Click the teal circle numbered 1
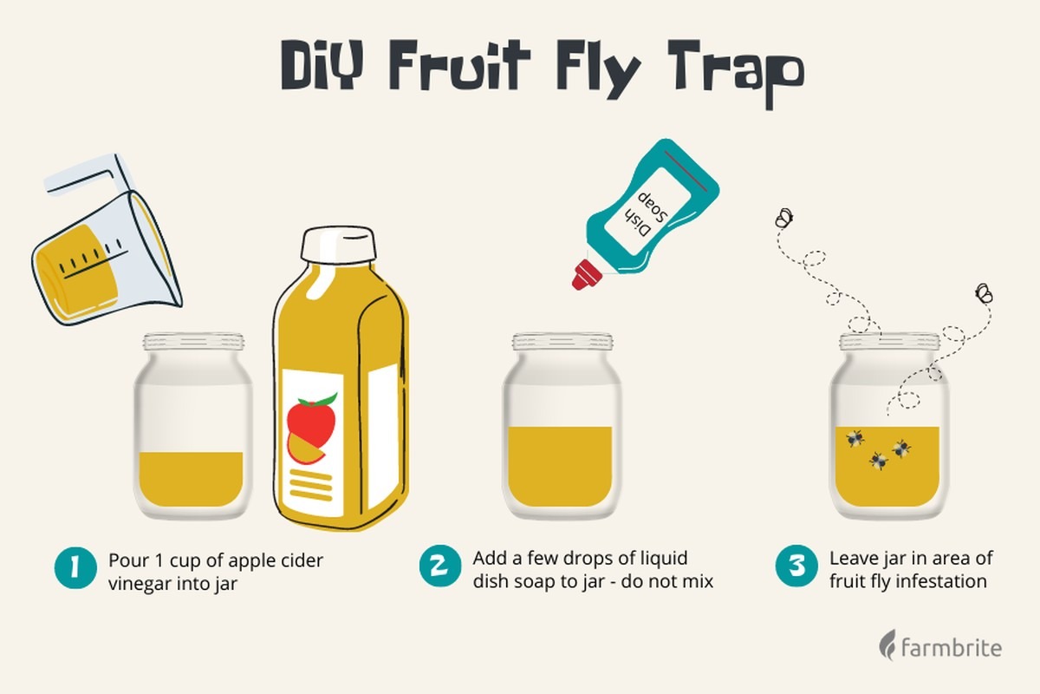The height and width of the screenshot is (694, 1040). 75,567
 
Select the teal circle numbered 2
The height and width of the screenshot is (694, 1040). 440,566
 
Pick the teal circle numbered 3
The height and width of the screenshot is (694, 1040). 796,566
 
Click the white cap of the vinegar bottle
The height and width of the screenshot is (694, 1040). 338,245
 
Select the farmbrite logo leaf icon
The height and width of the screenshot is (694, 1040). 887,645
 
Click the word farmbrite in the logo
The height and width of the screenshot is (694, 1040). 952,647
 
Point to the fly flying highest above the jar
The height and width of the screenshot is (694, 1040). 784,218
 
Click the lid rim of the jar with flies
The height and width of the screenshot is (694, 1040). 889,343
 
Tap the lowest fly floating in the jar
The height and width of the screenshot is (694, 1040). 878,461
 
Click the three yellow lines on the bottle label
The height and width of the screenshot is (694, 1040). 311,485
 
